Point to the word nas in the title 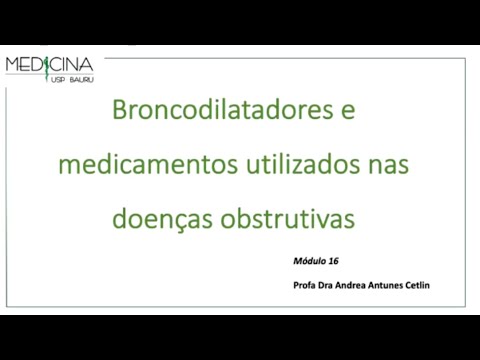pyautogui.click(x=387, y=163)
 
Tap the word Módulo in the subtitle pyautogui.click(x=308, y=260)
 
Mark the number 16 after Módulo pyautogui.click(x=333, y=260)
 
